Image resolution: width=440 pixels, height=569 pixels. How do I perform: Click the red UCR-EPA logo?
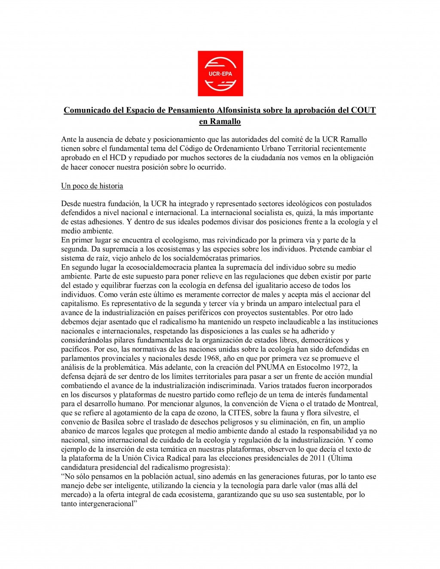click(220, 73)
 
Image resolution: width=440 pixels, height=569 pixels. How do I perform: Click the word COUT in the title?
click(363, 110)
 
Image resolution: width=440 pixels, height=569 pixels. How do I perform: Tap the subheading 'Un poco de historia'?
click(92, 186)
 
